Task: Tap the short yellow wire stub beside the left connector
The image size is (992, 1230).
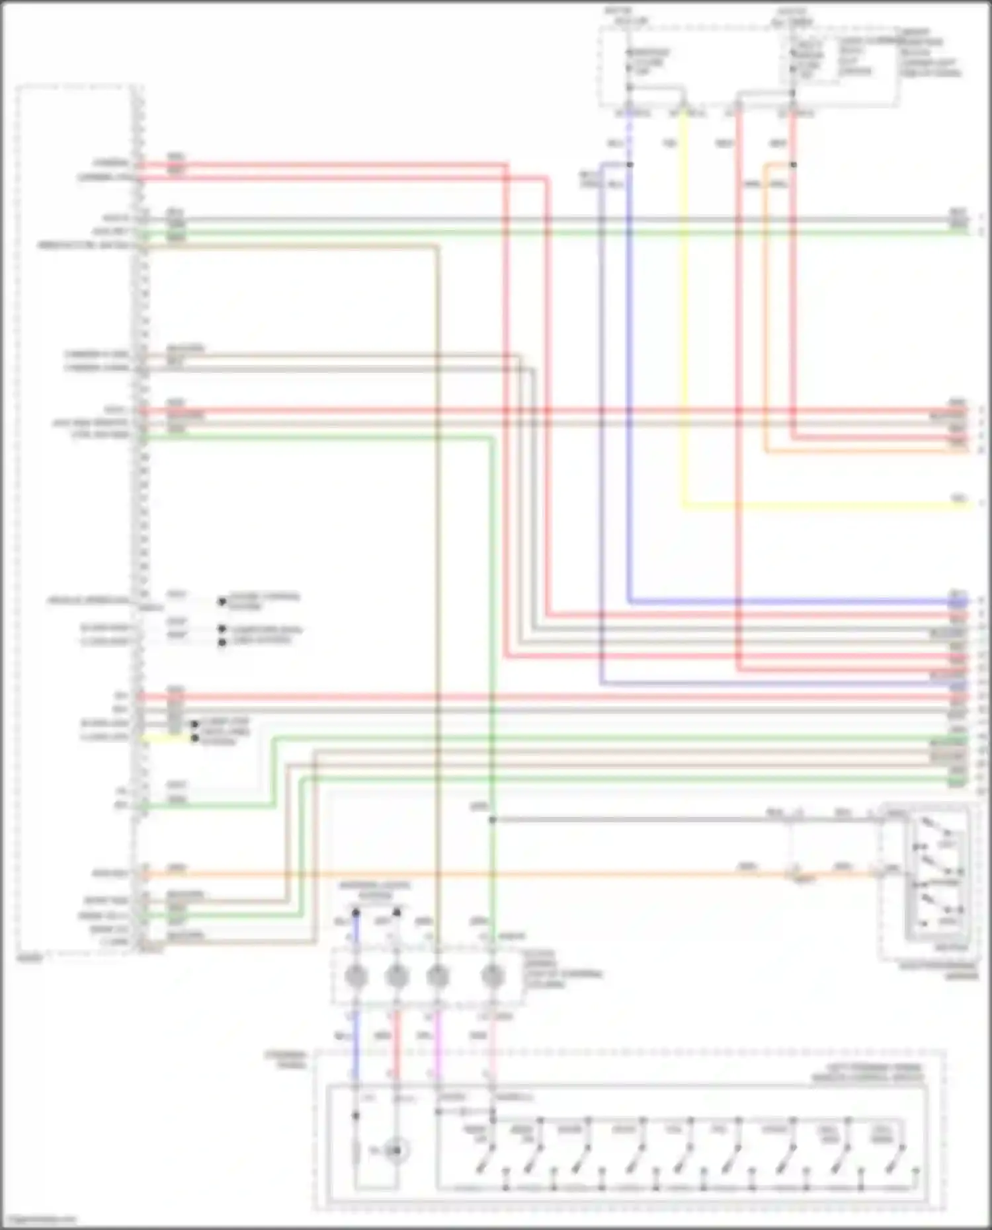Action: point(165,738)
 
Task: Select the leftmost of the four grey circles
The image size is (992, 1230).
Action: point(356,976)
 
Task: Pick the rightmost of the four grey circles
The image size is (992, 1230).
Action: point(492,976)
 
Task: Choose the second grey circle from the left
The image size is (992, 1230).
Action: point(396,976)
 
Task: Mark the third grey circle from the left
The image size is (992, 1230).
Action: point(437,976)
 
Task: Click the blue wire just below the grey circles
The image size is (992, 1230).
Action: point(356,1044)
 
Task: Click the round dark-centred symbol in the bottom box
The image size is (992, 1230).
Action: point(395,1151)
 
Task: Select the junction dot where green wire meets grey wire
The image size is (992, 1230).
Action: point(492,820)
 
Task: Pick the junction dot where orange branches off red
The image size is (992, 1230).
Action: point(793,165)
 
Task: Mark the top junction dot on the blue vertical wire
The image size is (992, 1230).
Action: point(630,165)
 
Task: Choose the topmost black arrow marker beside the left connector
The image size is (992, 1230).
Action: point(222,601)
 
